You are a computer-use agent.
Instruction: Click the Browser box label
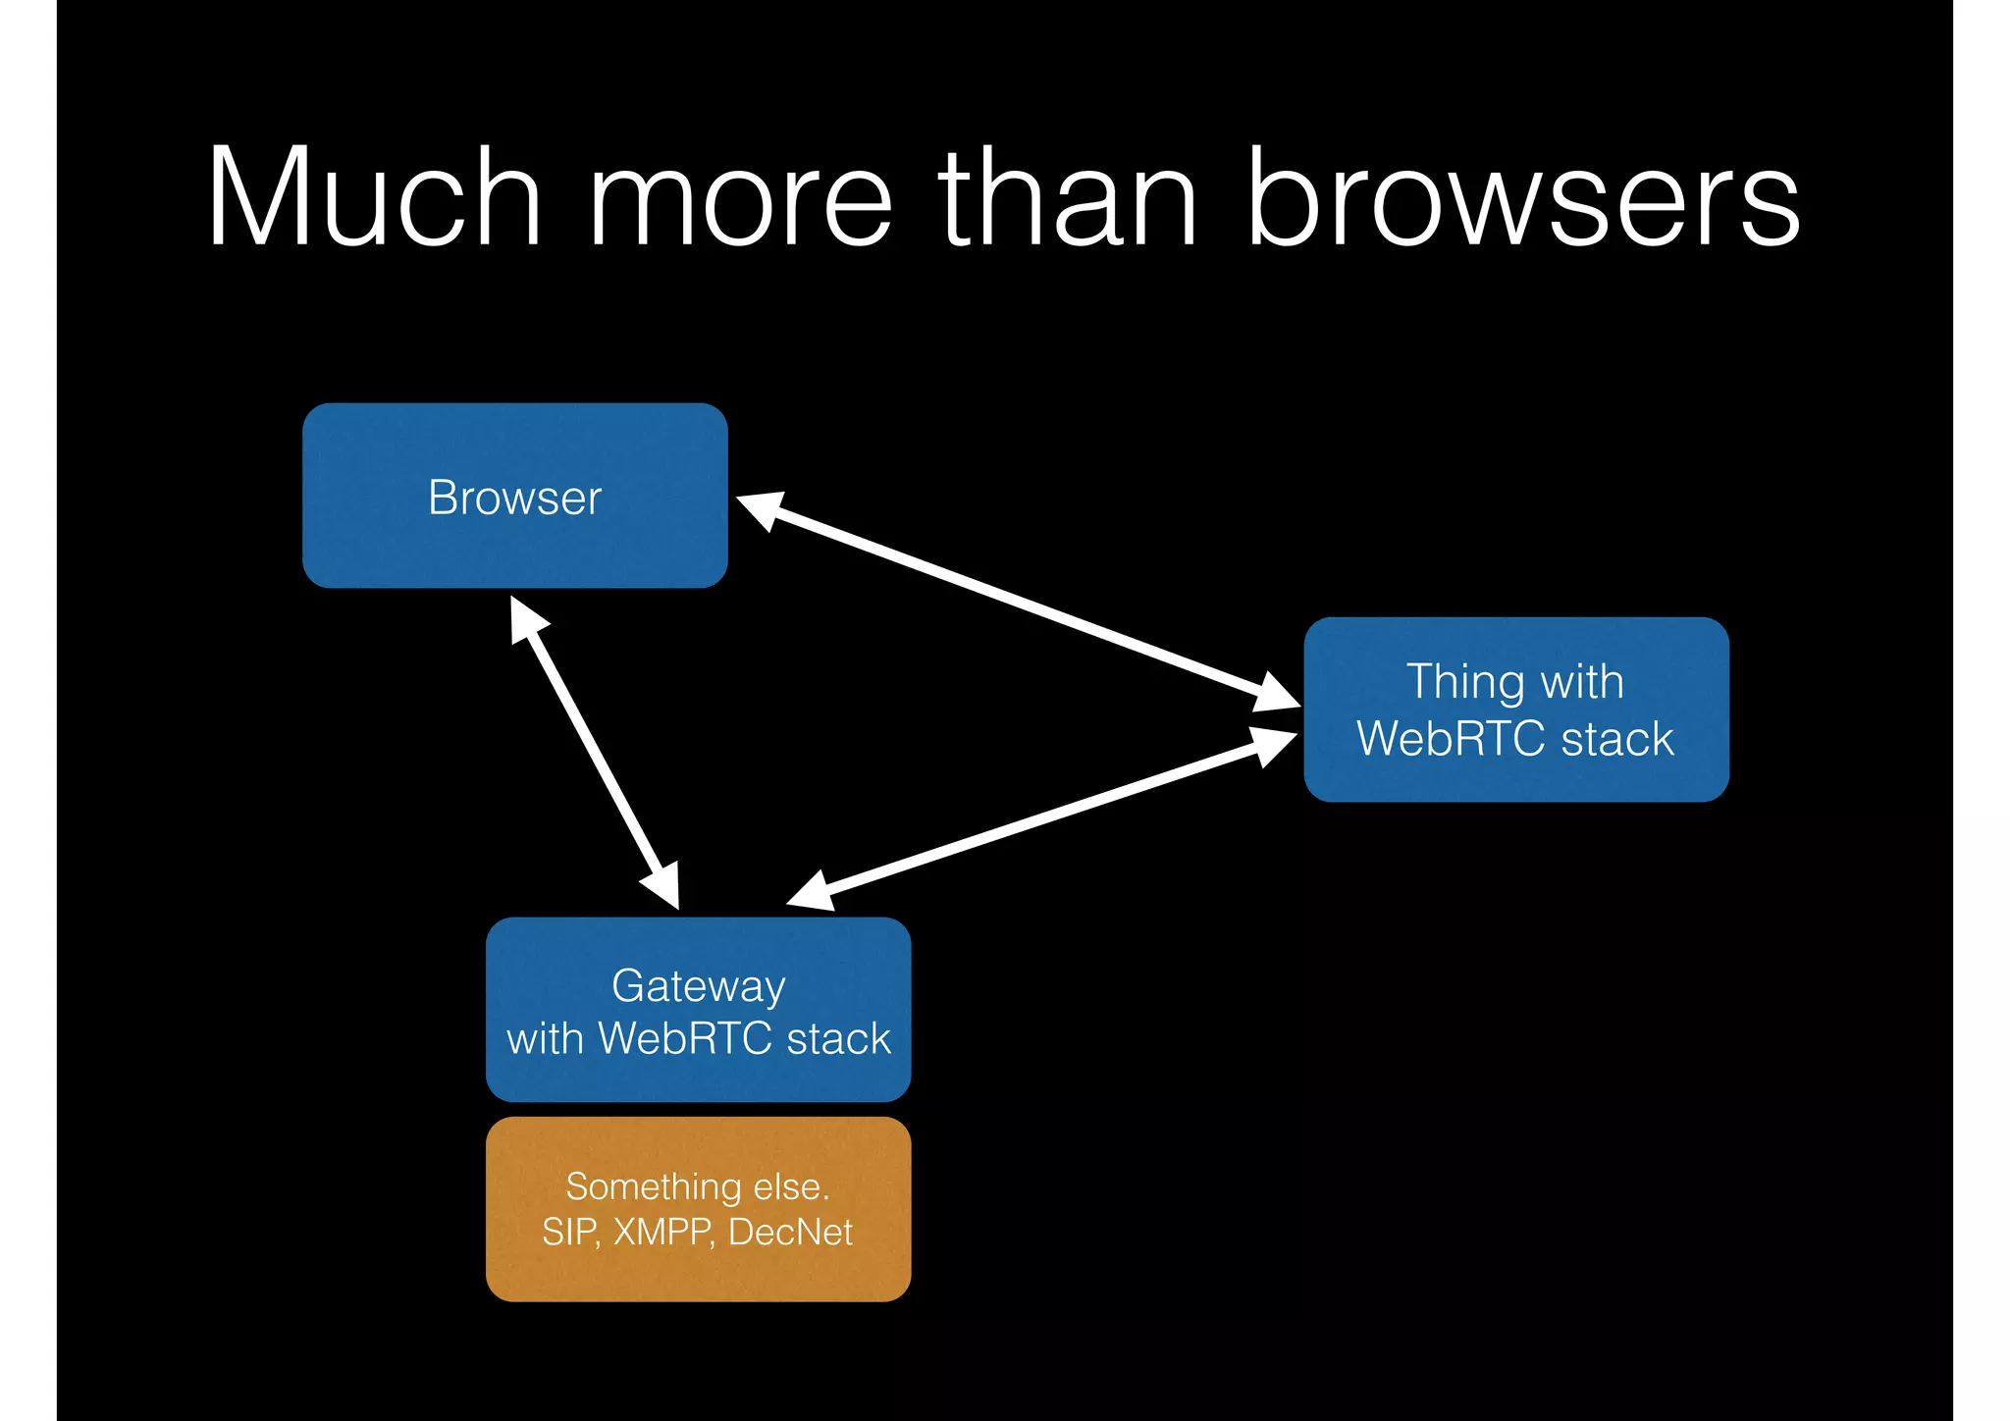tap(514, 498)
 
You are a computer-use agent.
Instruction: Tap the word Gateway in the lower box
tap(698, 985)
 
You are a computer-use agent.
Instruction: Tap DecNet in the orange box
tap(791, 1232)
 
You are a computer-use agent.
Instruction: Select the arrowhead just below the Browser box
tap(526, 617)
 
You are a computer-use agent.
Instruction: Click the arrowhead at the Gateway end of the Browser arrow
tap(662, 886)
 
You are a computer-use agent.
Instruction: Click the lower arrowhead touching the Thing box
tap(1273, 746)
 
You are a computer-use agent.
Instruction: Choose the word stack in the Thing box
tap(1616, 738)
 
